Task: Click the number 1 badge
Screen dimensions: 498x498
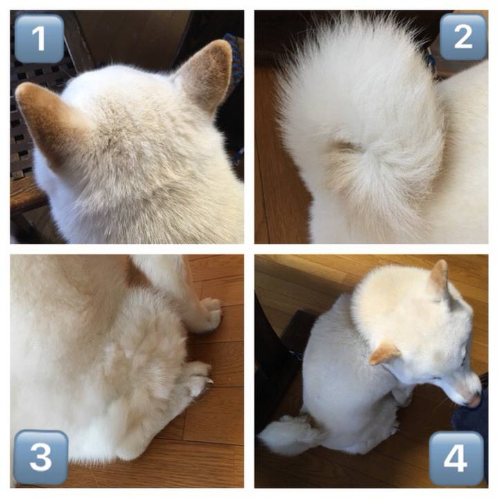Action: pyautogui.click(x=39, y=39)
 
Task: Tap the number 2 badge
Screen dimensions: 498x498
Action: pyautogui.click(x=463, y=37)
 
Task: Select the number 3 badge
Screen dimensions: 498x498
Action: pyautogui.click(x=41, y=457)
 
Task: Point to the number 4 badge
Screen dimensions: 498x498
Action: pyautogui.click(x=456, y=458)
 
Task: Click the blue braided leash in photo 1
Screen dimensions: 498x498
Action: pyautogui.click(x=234, y=60)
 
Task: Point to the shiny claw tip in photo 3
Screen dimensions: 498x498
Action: pyautogui.click(x=210, y=381)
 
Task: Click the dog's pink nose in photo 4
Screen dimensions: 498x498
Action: pyautogui.click(x=474, y=401)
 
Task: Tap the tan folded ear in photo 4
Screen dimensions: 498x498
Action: pyautogui.click(x=384, y=353)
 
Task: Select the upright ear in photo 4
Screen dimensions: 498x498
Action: pyautogui.click(x=439, y=276)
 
